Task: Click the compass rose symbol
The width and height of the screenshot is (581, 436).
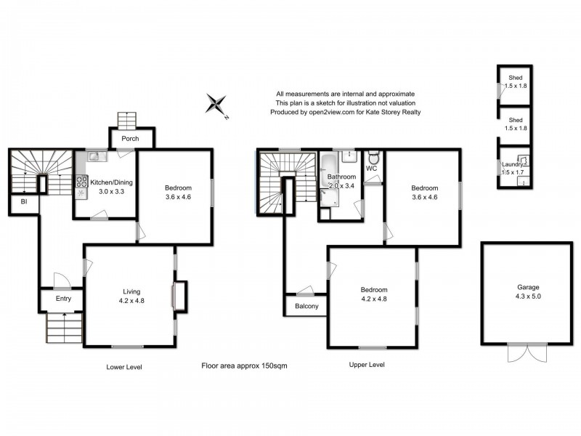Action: point(216,104)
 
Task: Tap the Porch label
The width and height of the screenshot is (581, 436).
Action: point(130,139)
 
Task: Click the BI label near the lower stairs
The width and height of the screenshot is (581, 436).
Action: point(24,201)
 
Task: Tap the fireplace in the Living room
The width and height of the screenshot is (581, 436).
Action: point(176,296)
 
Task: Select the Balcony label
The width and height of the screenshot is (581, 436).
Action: point(305,306)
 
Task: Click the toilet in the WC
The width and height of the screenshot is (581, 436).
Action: point(373,158)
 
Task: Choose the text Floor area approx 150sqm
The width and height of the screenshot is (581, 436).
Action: point(244,366)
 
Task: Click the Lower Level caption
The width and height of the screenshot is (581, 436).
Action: point(123,367)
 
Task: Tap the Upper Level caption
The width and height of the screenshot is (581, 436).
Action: point(367,364)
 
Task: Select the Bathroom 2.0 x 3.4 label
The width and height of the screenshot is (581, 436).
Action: point(341,181)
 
